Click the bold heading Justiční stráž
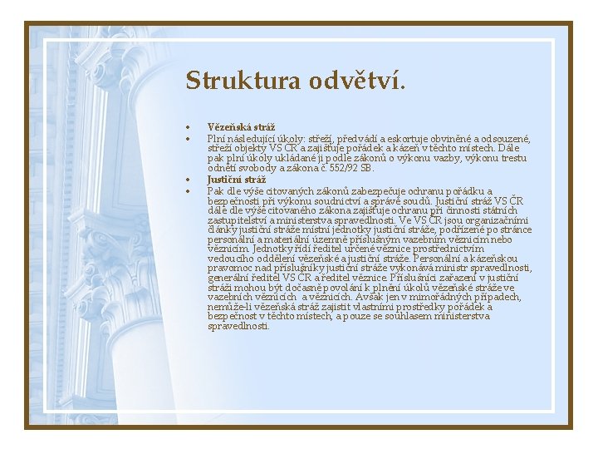click(x=237, y=179)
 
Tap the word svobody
click(x=251, y=167)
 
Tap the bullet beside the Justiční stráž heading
click(x=189, y=180)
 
